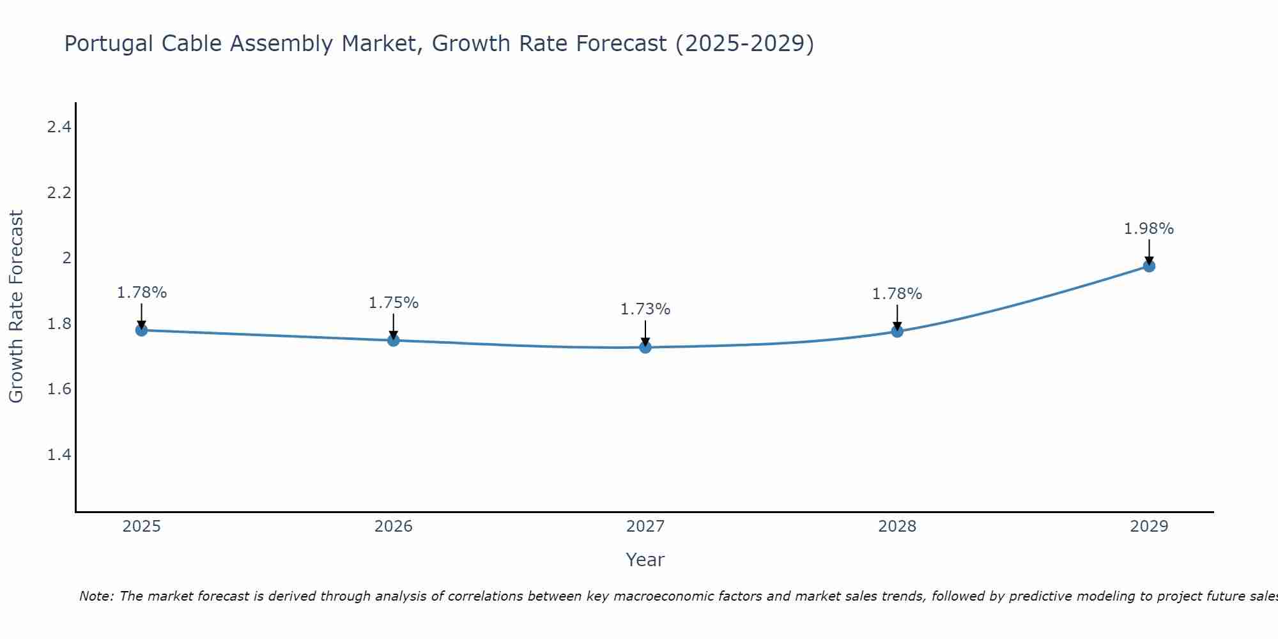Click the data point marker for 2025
(x=142, y=330)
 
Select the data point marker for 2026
(x=394, y=340)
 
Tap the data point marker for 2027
(x=645, y=347)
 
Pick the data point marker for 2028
(x=897, y=331)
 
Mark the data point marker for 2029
(x=1149, y=266)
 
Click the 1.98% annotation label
(x=1149, y=229)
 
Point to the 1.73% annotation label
(x=645, y=309)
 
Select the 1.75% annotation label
(x=394, y=303)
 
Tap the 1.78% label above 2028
(x=897, y=294)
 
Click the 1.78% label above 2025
(x=142, y=293)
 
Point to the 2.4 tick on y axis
(x=59, y=127)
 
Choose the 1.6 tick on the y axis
(x=59, y=389)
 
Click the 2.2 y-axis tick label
(x=59, y=193)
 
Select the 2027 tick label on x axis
(x=645, y=527)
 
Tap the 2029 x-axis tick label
(x=1149, y=527)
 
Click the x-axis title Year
(x=645, y=560)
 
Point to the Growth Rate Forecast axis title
(x=17, y=307)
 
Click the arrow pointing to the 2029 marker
(x=1149, y=252)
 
